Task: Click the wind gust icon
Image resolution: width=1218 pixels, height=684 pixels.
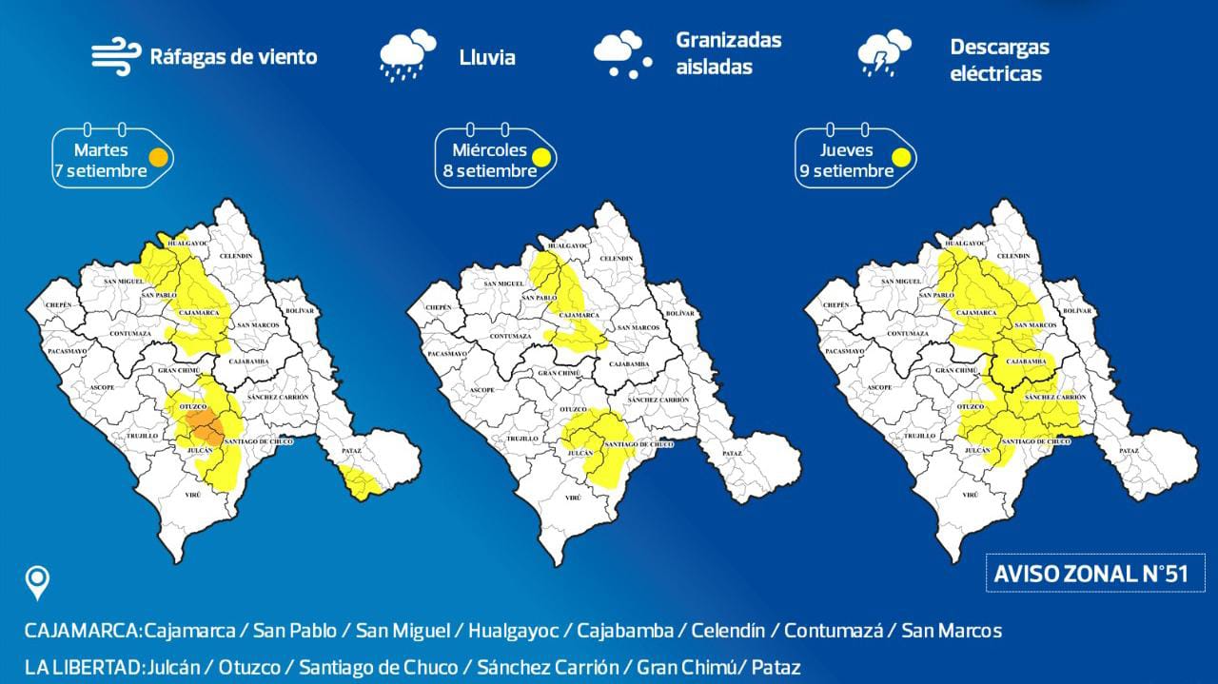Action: (116, 56)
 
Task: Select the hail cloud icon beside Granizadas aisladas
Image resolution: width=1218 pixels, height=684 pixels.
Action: (623, 54)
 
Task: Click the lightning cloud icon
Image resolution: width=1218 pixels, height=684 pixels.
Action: (884, 54)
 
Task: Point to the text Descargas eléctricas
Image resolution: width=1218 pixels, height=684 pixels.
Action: (999, 60)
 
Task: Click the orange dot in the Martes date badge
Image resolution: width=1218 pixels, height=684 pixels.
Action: (158, 156)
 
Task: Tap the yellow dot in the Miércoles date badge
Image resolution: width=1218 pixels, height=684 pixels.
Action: (541, 158)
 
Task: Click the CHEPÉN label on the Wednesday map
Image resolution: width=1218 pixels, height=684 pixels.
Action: (439, 307)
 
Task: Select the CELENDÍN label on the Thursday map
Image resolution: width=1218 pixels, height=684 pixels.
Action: (1012, 257)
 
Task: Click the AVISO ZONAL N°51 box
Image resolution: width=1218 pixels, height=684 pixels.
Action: (1101, 574)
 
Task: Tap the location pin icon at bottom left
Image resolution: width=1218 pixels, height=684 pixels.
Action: (38, 582)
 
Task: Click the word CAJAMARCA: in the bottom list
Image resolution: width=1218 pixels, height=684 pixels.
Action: (83, 631)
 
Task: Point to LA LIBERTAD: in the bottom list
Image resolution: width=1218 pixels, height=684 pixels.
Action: (83, 667)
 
